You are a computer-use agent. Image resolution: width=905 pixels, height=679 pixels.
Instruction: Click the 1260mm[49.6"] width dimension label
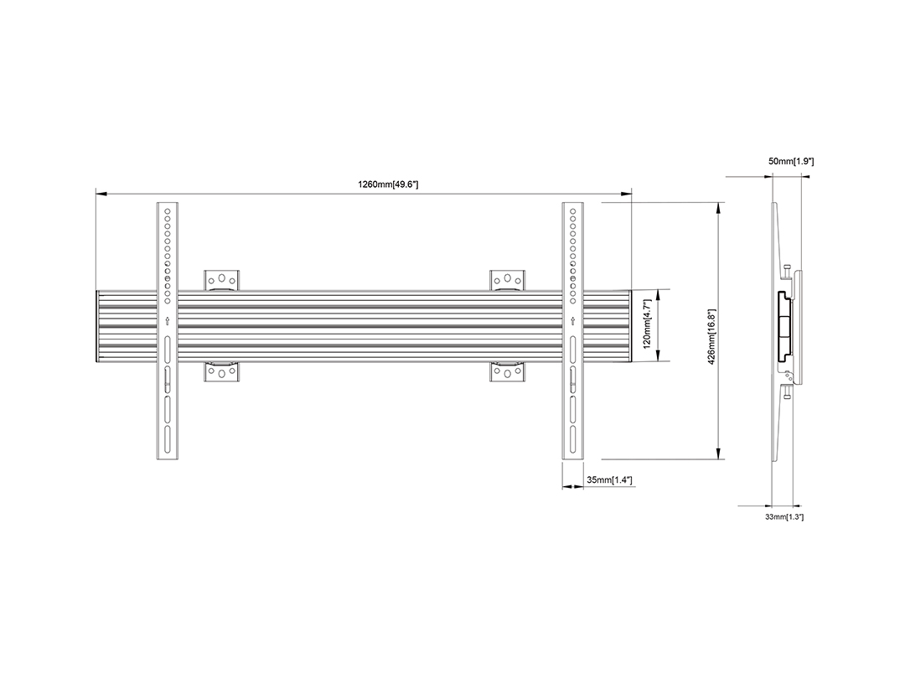[388, 184]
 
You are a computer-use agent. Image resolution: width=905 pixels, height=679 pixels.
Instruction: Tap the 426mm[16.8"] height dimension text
[711, 337]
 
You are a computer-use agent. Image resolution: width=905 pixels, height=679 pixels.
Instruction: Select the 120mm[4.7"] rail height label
[647, 324]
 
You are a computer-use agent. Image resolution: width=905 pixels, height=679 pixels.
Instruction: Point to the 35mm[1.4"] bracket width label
[609, 479]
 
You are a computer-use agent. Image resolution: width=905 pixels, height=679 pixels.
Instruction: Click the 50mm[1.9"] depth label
[791, 162]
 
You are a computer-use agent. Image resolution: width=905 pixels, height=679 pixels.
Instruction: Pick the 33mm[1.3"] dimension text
[784, 516]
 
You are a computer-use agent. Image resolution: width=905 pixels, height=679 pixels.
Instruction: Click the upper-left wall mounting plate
[221, 280]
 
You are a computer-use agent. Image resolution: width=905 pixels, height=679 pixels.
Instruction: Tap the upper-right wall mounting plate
[507, 280]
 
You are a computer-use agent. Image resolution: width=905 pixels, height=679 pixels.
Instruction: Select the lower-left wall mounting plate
[221, 372]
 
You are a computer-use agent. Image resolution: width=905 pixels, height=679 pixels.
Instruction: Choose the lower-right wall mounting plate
[507, 372]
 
